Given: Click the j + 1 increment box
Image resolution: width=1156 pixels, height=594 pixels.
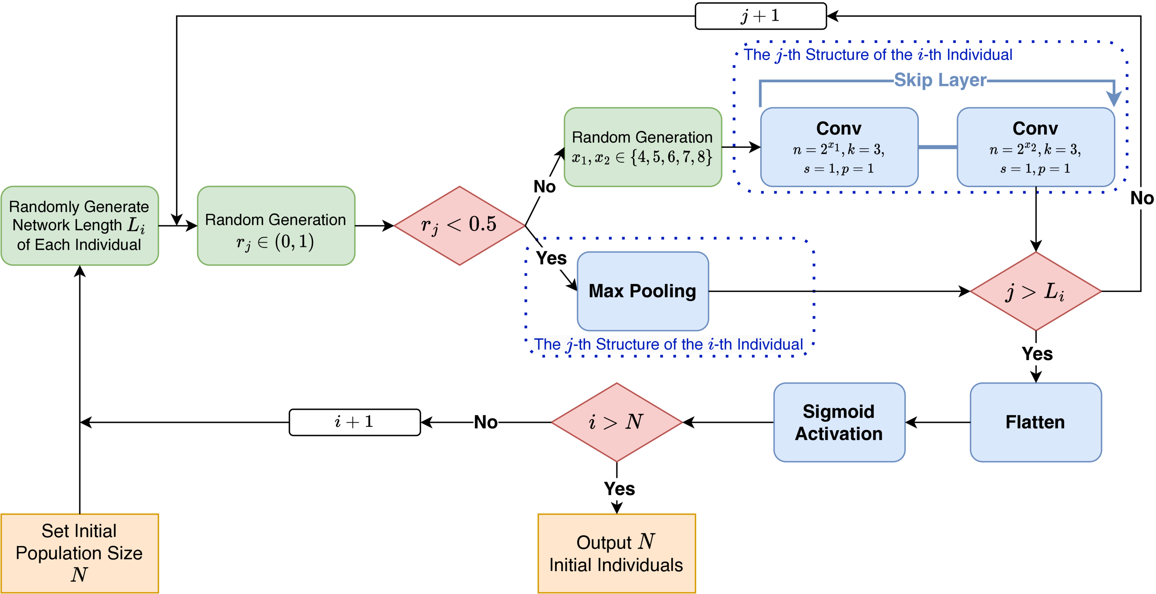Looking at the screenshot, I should (760, 16).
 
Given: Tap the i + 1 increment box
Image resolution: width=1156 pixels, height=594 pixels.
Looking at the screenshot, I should (355, 422).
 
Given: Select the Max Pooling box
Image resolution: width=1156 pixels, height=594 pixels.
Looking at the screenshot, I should (643, 291).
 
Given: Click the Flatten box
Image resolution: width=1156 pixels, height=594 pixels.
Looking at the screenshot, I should (1035, 422).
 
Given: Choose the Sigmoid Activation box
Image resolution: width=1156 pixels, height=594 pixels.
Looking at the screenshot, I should (839, 422).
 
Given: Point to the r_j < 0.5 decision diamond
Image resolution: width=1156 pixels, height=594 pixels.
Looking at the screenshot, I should (459, 225).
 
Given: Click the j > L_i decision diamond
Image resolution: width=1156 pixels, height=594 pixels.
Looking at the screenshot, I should (1035, 291).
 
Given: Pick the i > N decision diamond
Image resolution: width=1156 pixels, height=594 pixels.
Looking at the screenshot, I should (616, 422).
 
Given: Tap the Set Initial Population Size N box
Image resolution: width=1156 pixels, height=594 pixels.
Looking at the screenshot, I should (80, 553).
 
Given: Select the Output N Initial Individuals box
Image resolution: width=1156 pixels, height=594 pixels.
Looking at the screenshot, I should (616, 553).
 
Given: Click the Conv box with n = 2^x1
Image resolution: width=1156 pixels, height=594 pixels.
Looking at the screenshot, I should (839, 147).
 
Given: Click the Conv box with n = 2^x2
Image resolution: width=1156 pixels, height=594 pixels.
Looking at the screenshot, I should (1035, 147).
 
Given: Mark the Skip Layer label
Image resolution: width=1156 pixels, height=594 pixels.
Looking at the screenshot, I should (940, 80).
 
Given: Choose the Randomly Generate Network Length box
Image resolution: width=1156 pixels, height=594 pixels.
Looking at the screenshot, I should (80, 225).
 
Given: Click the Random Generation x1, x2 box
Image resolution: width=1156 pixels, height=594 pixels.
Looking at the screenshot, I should (642, 147).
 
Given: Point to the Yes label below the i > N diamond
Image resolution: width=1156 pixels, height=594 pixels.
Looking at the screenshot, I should (619, 489).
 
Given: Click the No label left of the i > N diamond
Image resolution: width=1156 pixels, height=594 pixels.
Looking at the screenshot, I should (486, 422).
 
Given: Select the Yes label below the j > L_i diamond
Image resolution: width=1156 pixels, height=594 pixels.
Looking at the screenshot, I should (1037, 354).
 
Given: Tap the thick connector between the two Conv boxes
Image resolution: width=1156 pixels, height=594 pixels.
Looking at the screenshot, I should (938, 147).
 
